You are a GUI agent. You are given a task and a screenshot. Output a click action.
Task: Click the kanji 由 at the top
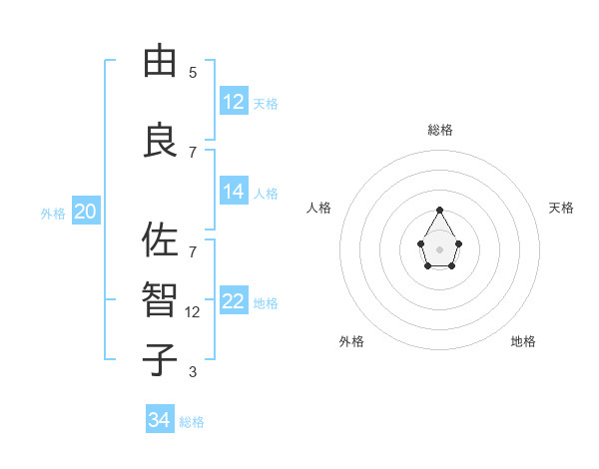point(160,62)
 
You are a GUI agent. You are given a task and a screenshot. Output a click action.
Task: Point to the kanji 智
point(160,300)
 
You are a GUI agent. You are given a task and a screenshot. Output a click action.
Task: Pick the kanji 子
point(160,360)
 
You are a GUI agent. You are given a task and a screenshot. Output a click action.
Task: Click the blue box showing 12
point(234,102)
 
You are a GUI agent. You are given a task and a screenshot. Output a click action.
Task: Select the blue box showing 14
point(234,192)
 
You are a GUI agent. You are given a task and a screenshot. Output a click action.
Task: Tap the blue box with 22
point(234,301)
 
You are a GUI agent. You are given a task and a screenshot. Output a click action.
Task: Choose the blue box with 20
point(86,212)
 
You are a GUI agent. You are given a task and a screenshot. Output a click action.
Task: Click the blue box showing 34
point(160,420)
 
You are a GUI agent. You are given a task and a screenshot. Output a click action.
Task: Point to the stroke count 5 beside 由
point(193,73)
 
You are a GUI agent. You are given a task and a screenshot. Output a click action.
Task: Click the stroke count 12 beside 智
point(194,312)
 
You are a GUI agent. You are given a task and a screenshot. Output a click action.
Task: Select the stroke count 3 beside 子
point(193,372)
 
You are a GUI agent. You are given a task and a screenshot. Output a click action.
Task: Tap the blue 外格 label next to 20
point(53,213)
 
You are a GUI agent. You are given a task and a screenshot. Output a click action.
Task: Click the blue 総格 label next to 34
point(192,422)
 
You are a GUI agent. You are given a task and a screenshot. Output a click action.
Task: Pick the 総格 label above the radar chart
point(439,130)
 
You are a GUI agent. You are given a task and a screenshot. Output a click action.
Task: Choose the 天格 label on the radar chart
point(561,208)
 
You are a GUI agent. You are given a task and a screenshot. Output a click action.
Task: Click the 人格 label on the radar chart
point(318,208)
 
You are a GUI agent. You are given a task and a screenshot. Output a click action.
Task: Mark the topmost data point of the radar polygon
point(439,210)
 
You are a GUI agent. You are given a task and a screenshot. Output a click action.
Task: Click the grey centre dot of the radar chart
point(439,247)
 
